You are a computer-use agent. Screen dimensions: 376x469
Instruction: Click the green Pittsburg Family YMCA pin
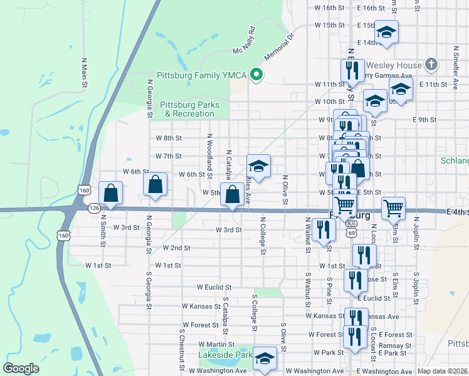(x=256, y=75)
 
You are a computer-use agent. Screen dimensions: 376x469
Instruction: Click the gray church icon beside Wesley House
(x=431, y=64)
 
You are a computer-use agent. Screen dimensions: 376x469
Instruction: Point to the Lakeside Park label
(x=225, y=355)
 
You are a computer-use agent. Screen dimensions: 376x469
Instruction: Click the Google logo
(x=21, y=368)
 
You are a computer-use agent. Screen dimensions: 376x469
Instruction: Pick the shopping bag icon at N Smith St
(x=111, y=194)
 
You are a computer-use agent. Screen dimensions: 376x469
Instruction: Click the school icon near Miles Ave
(x=258, y=167)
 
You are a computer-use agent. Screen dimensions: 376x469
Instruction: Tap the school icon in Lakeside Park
(x=265, y=359)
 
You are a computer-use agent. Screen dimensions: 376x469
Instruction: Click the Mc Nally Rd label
(x=245, y=39)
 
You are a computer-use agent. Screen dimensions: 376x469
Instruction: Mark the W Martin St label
(x=216, y=344)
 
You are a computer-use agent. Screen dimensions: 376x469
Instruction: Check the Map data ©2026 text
(x=442, y=371)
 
